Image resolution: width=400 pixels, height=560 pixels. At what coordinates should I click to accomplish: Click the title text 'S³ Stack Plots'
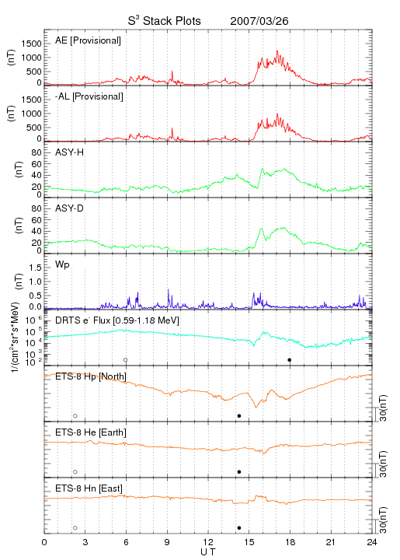click(165, 21)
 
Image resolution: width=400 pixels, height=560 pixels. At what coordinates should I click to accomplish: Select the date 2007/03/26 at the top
click(259, 21)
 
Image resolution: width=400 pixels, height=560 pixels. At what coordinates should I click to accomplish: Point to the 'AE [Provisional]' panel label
click(88, 40)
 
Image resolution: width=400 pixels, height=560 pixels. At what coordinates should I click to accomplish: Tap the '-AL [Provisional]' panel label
click(89, 96)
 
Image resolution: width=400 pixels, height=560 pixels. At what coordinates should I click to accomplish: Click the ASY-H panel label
click(70, 152)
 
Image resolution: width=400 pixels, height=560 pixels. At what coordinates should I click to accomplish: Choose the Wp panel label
click(62, 264)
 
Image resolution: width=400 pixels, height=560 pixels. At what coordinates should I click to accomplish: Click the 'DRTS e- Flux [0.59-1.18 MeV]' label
click(117, 320)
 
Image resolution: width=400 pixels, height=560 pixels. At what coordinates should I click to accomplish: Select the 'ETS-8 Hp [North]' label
click(91, 376)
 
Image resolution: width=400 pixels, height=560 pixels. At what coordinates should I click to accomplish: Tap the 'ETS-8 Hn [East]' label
click(89, 488)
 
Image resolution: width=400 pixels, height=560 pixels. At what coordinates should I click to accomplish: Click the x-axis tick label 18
click(290, 542)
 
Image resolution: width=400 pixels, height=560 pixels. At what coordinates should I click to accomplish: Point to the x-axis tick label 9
click(167, 542)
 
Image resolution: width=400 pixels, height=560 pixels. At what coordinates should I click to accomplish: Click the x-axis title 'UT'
click(208, 552)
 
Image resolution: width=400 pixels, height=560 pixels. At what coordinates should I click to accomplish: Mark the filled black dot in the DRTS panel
click(290, 360)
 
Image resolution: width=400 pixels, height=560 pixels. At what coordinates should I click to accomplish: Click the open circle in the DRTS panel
click(126, 360)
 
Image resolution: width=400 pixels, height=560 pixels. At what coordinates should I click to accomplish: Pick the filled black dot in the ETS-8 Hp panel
click(239, 415)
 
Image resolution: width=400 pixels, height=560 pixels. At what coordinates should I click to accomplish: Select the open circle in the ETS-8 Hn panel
click(75, 528)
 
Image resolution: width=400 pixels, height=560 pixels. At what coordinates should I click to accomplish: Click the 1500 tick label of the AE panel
click(31, 44)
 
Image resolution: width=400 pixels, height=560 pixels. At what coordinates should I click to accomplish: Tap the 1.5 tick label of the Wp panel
click(35, 268)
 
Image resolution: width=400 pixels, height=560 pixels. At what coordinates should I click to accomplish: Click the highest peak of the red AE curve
click(277, 51)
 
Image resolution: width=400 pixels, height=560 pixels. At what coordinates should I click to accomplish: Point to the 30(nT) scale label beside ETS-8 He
click(383, 464)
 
